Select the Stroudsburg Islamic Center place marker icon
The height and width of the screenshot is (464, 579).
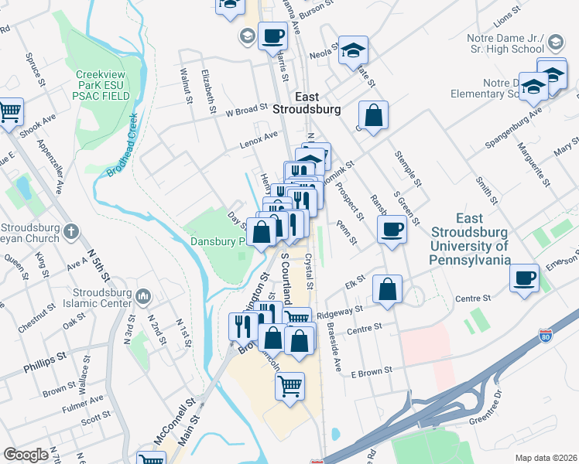point(142,296)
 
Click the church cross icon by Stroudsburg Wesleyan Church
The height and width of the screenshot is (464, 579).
point(70,230)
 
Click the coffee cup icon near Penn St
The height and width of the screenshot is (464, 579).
point(392,229)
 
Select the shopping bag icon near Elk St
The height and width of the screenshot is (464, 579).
point(387,289)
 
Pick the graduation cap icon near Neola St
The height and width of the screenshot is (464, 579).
point(353,51)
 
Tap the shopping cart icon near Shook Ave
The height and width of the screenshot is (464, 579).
point(9,111)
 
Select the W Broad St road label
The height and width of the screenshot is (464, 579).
point(245,110)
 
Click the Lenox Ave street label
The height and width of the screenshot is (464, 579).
point(258,137)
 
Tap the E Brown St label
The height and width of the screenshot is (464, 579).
point(372,373)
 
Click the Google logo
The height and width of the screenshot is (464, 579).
point(26,455)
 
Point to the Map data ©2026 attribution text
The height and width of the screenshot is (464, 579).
point(546,458)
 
